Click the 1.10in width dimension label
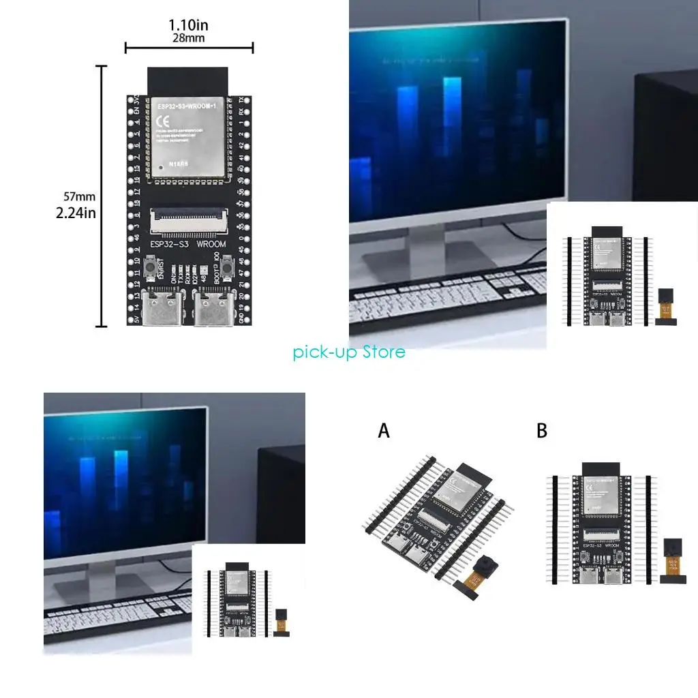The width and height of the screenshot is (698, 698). click(189, 25)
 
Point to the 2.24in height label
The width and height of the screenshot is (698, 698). click(76, 213)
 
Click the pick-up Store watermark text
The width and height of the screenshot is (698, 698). click(349, 352)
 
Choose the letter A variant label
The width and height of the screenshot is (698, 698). click(384, 431)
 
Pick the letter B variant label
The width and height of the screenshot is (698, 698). click(542, 431)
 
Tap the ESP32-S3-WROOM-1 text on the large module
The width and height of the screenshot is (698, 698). click(187, 108)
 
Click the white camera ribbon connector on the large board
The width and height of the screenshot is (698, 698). click(187, 217)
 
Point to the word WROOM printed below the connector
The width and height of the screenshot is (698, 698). click(211, 243)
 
